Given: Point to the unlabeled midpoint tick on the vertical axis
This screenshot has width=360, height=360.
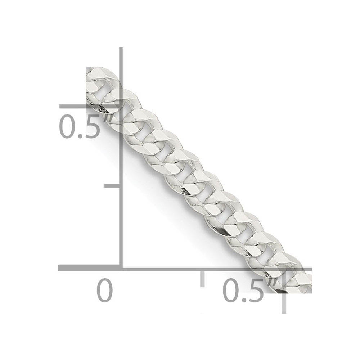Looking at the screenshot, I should pos(112,185).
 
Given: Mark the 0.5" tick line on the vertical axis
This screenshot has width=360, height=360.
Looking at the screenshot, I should pos(90,107).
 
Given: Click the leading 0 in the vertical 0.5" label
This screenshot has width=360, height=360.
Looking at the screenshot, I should pos(68,127).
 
